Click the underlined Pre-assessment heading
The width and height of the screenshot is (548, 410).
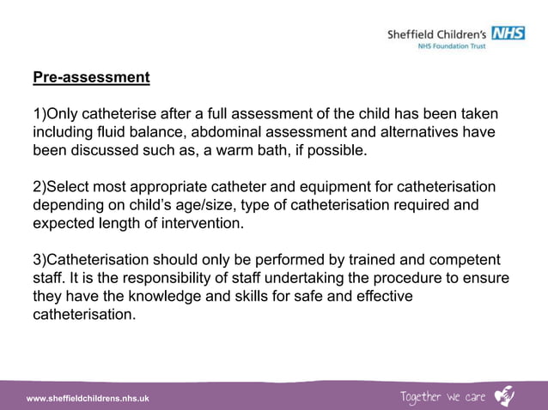[91, 78]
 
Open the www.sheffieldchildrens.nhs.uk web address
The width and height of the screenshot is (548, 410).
[88, 398]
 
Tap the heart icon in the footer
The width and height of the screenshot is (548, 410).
[505, 395]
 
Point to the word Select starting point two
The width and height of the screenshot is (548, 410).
[70, 188]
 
